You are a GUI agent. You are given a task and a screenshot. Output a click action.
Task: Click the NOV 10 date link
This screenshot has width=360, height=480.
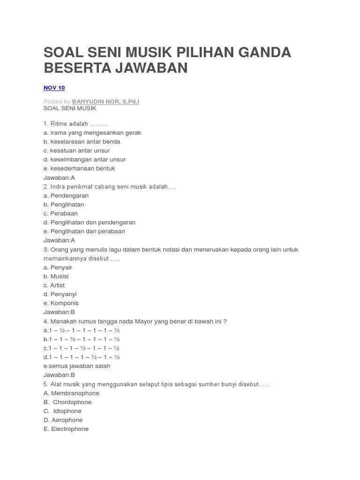pyautogui.click(x=54, y=88)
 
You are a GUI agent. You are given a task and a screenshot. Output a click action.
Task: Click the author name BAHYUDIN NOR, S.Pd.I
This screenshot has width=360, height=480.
pyautogui.click(x=105, y=101)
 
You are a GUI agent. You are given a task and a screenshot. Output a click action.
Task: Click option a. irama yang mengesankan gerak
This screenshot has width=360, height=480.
pyautogui.click(x=92, y=133)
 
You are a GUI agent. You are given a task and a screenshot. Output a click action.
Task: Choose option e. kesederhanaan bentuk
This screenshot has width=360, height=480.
pyautogui.click(x=79, y=168)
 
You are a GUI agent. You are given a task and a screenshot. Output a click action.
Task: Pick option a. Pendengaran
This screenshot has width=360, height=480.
pyautogui.click(x=66, y=195)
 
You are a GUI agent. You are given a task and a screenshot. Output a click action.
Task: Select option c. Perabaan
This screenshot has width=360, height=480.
pyautogui.click(x=60, y=213)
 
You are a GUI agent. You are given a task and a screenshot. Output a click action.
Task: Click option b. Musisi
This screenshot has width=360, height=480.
pyautogui.click(x=56, y=276)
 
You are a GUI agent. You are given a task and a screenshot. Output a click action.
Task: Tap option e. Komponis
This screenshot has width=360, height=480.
pyautogui.click(x=61, y=303)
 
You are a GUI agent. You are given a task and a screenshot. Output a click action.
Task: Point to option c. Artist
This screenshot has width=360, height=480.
pyautogui.click(x=54, y=285)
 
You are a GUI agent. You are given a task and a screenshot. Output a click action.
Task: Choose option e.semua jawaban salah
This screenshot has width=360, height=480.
pyautogui.click(x=77, y=366)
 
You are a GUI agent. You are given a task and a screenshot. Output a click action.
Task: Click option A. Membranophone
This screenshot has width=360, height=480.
pyautogui.click(x=71, y=393)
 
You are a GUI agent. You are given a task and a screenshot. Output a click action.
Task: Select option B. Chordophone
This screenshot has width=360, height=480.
pyautogui.click(x=67, y=402)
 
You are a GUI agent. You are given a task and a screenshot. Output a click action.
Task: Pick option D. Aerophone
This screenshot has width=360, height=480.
pyautogui.click(x=63, y=420)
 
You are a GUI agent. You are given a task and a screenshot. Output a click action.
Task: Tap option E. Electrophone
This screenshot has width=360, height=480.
pyautogui.click(x=66, y=429)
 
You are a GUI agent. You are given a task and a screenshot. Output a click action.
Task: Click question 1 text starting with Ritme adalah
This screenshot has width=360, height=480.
pyautogui.click(x=76, y=124)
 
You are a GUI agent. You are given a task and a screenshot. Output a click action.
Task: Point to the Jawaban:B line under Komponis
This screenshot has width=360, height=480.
pyautogui.click(x=59, y=312)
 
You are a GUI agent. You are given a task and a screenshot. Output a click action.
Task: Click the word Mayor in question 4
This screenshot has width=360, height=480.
pyautogui.click(x=133, y=321)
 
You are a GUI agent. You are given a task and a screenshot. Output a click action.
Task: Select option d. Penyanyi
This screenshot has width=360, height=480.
pyautogui.click(x=60, y=294)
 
